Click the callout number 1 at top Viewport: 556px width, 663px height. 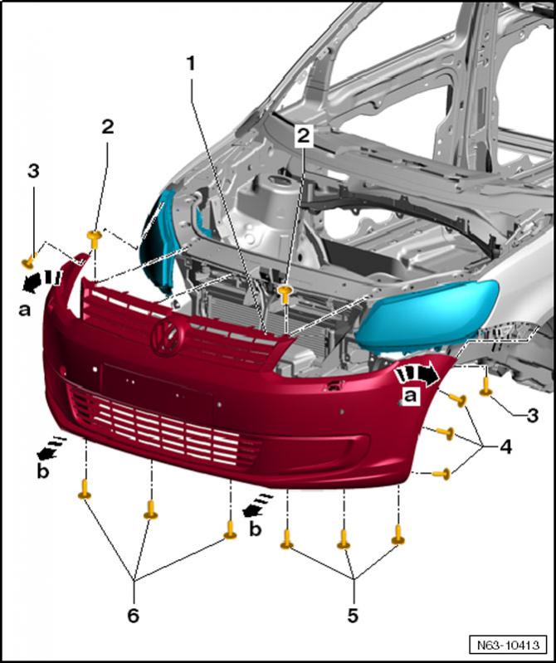coord(191,64)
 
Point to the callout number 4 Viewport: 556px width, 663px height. coord(505,447)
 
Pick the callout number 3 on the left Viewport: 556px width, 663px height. coord(33,172)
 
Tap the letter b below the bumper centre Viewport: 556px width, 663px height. coord(257,529)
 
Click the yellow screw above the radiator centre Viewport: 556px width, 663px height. coord(285,291)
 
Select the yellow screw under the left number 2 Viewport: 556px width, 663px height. coord(95,239)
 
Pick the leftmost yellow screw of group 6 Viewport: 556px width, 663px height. coord(84,490)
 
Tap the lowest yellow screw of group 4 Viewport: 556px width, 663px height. coord(444,474)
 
